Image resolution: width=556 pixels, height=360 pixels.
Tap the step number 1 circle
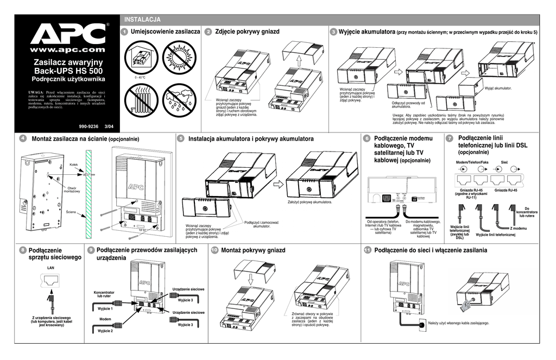point(125,32)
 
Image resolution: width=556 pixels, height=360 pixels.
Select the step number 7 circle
point(449,139)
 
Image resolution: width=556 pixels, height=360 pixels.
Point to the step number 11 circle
point(368,250)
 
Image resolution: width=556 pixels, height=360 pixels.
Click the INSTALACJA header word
point(143,20)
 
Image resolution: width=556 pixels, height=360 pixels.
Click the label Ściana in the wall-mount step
point(71,211)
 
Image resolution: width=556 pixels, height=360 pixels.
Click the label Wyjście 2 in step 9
point(105,331)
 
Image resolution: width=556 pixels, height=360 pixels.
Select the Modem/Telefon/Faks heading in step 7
point(472,163)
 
